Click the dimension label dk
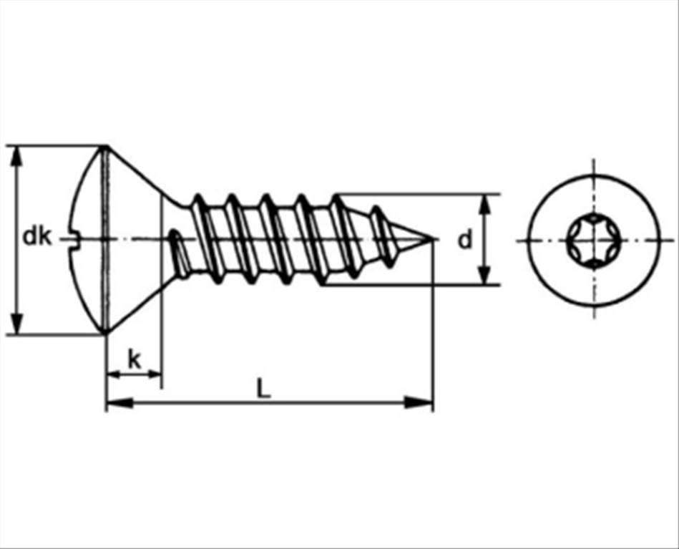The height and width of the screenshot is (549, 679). pyautogui.click(x=36, y=237)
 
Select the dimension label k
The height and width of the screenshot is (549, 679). pyautogui.click(x=135, y=359)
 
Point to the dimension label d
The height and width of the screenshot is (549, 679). pyautogui.click(x=465, y=240)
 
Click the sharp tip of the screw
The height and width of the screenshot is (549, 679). pyautogui.click(x=434, y=238)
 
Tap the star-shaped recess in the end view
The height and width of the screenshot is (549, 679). pyautogui.click(x=593, y=240)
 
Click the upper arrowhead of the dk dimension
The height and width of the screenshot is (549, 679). pyautogui.click(x=16, y=156)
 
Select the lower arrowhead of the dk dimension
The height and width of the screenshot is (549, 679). pyautogui.click(x=16, y=324)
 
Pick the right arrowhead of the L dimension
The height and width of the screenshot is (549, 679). pyautogui.click(x=419, y=402)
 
